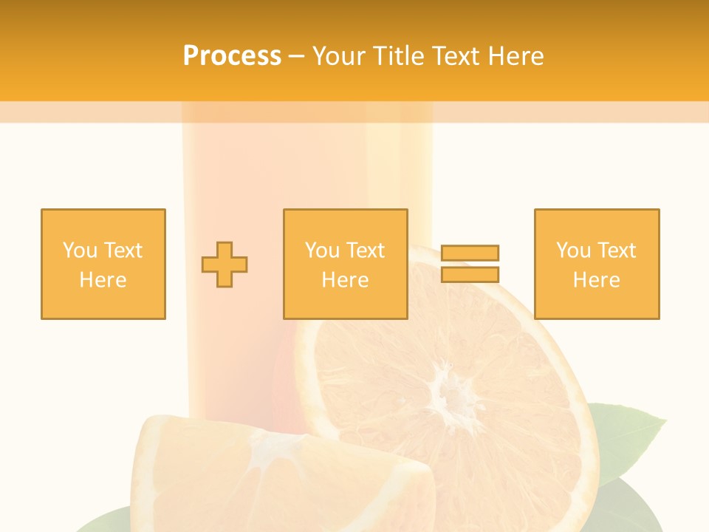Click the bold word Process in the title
pyautogui.click(x=232, y=56)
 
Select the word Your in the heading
pyautogui.click(x=339, y=56)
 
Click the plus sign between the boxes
pyautogui.click(x=225, y=265)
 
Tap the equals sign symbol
pyautogui.click(x=470, y=264)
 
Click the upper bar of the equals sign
pyautogui.click(x=470, y=253)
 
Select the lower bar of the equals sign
pyautogui.click(x=470, y=274)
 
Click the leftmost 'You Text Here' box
pyautogui.click(x=103, y=264)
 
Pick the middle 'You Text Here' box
pyautogui.click(x=346, y=264)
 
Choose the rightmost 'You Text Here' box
pyautogui.click(x=597, y=264)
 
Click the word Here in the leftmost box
pyautogui.click(x=103, y=280)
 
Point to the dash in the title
pyautogui.click(x=296, y=56)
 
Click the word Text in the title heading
pyautogui.click(x=455, y=56)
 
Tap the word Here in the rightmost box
pyautogui.click(x=597, y=280)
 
